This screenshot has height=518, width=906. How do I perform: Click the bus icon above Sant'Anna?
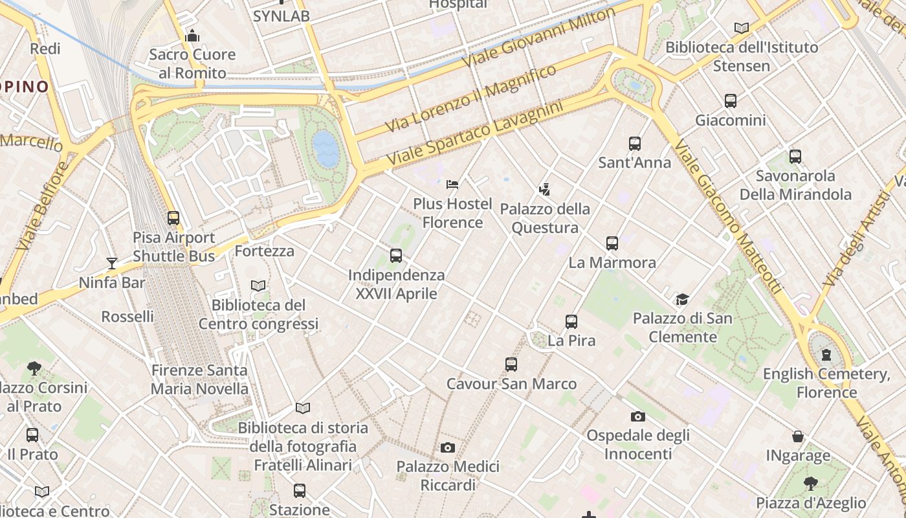pos(634,144)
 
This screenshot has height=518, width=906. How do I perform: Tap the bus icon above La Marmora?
pos(612,243)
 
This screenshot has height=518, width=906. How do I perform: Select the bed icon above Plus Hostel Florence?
pos(452,185)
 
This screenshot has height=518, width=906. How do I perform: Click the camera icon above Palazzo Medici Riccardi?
pos(447,447)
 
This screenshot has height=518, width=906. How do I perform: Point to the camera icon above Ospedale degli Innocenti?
pos(637,416)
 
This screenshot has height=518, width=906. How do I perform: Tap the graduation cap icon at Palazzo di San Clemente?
pos(682,299)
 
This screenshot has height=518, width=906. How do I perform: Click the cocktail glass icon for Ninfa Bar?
pos(112,263)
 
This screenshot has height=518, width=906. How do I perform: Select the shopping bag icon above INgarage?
pos(798,437)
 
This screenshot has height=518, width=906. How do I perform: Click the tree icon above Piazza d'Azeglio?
pos(810,483)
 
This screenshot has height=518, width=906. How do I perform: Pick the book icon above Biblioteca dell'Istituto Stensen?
pos(741,28)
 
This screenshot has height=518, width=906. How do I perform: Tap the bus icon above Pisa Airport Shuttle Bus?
pos(173,218)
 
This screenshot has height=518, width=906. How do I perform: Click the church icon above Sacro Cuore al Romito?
pos(192,36)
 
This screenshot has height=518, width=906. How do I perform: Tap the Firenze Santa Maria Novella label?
pos(199,379)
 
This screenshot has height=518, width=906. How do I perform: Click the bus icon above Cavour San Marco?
pos(511,365)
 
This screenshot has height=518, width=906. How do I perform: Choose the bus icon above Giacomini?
pos(730,101)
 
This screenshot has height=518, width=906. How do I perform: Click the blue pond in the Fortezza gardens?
pos(326,150)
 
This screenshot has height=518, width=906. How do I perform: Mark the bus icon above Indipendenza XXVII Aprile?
pos(396,256)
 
